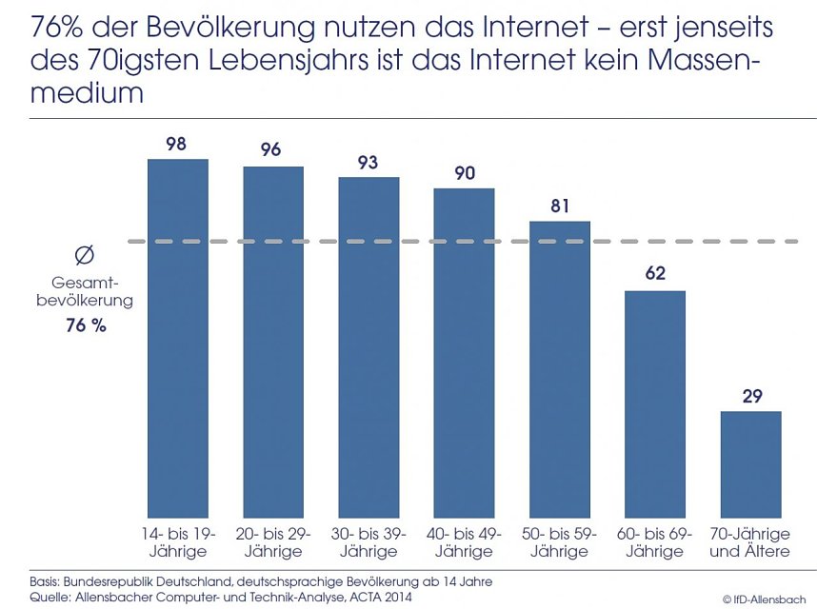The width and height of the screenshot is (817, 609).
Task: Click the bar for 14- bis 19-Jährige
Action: point(178,338)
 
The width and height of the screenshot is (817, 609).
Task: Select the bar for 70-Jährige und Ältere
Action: point(750,463)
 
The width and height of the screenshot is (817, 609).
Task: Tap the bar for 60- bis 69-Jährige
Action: point(655,403)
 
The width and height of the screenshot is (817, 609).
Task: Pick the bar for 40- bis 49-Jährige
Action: point(464,352)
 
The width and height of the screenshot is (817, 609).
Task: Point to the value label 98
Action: point(176,144)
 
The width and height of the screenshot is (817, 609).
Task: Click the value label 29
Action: point(750,396)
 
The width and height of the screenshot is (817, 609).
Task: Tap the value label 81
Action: point(560,206)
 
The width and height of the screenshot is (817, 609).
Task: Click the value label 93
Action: point(369,162)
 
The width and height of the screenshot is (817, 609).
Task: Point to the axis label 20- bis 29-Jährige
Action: point(273,542)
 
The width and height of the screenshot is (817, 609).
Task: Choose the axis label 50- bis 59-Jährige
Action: point(560,542)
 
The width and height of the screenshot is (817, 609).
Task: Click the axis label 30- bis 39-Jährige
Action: point(369,542)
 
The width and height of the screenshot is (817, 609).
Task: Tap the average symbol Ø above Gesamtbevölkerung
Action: point(84,256)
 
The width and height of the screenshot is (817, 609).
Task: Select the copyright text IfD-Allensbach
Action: point(768,599)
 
